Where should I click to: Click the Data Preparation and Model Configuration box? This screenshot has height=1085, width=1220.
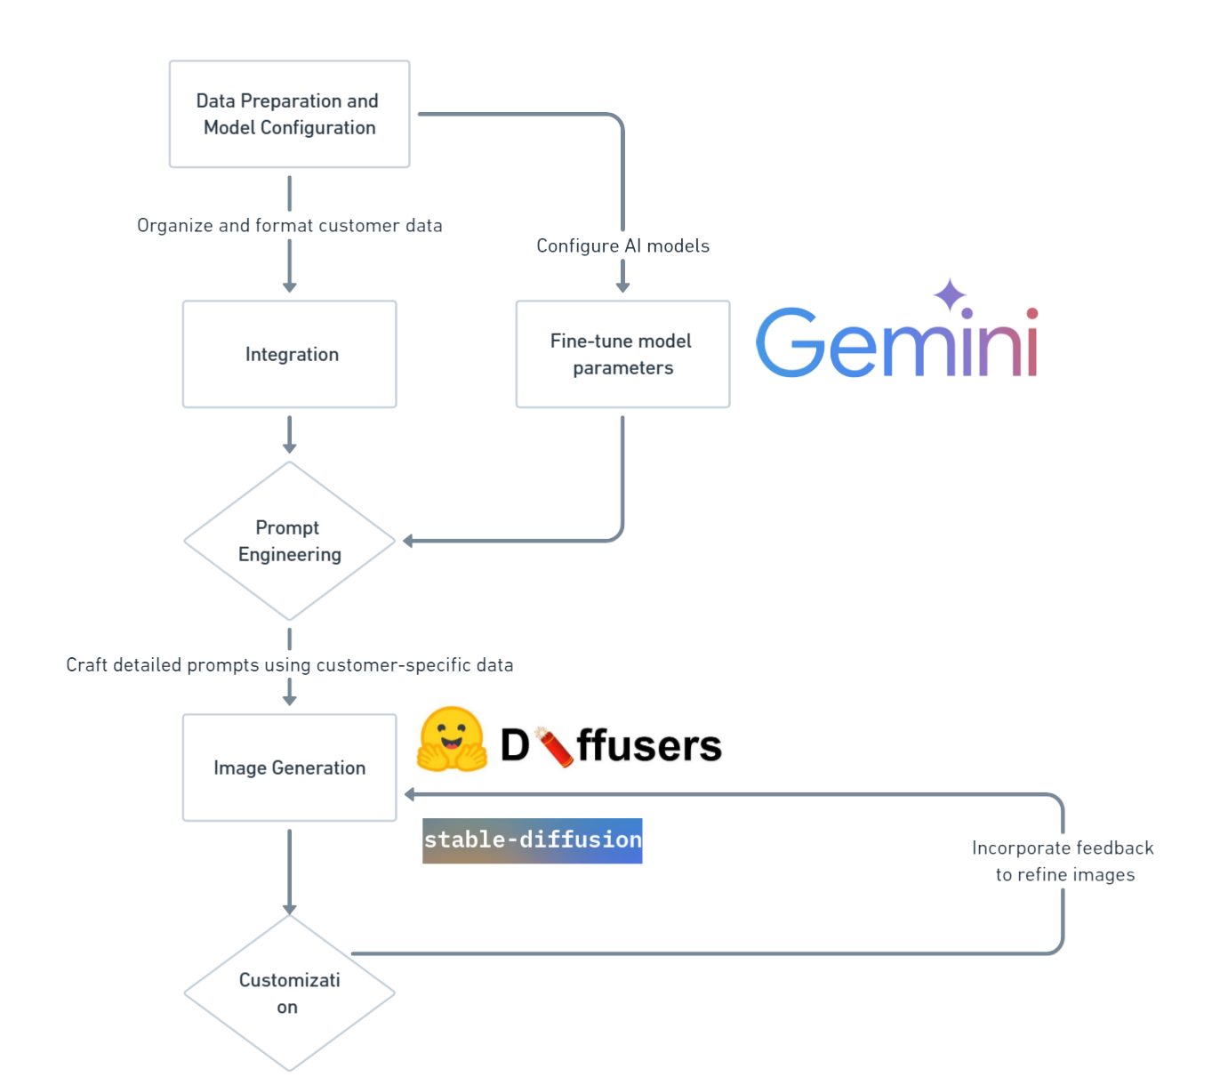point(289,114)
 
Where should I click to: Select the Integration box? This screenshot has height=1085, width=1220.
point(289,354)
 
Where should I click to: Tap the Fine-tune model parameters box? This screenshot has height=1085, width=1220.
point(622,354)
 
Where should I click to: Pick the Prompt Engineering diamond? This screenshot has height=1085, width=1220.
point(289,541)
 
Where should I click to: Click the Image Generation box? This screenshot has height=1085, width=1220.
point(289,768)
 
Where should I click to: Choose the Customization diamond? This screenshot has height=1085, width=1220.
point(289,993)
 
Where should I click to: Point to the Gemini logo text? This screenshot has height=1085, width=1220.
point(896,343)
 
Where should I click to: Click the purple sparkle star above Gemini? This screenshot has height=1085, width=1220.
point(950,294)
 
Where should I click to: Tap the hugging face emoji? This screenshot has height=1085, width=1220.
point(452,739)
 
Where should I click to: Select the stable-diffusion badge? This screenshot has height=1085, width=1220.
point(532,840)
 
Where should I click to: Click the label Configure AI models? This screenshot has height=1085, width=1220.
point(622,245)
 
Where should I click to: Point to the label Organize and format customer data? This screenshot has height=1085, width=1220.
point(289,226)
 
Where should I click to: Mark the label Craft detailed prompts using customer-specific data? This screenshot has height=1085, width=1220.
point(289,665)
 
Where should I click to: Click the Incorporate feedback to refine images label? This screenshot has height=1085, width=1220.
point(1063,861)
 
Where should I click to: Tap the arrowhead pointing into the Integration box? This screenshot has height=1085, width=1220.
point(289,286)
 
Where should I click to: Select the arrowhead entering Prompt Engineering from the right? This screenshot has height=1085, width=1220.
point(408,541)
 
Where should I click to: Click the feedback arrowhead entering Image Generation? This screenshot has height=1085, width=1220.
point(410,794)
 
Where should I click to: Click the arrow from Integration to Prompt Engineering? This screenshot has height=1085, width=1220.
point(289,434)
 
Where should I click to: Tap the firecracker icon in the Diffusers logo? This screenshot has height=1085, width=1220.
point(554,746)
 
